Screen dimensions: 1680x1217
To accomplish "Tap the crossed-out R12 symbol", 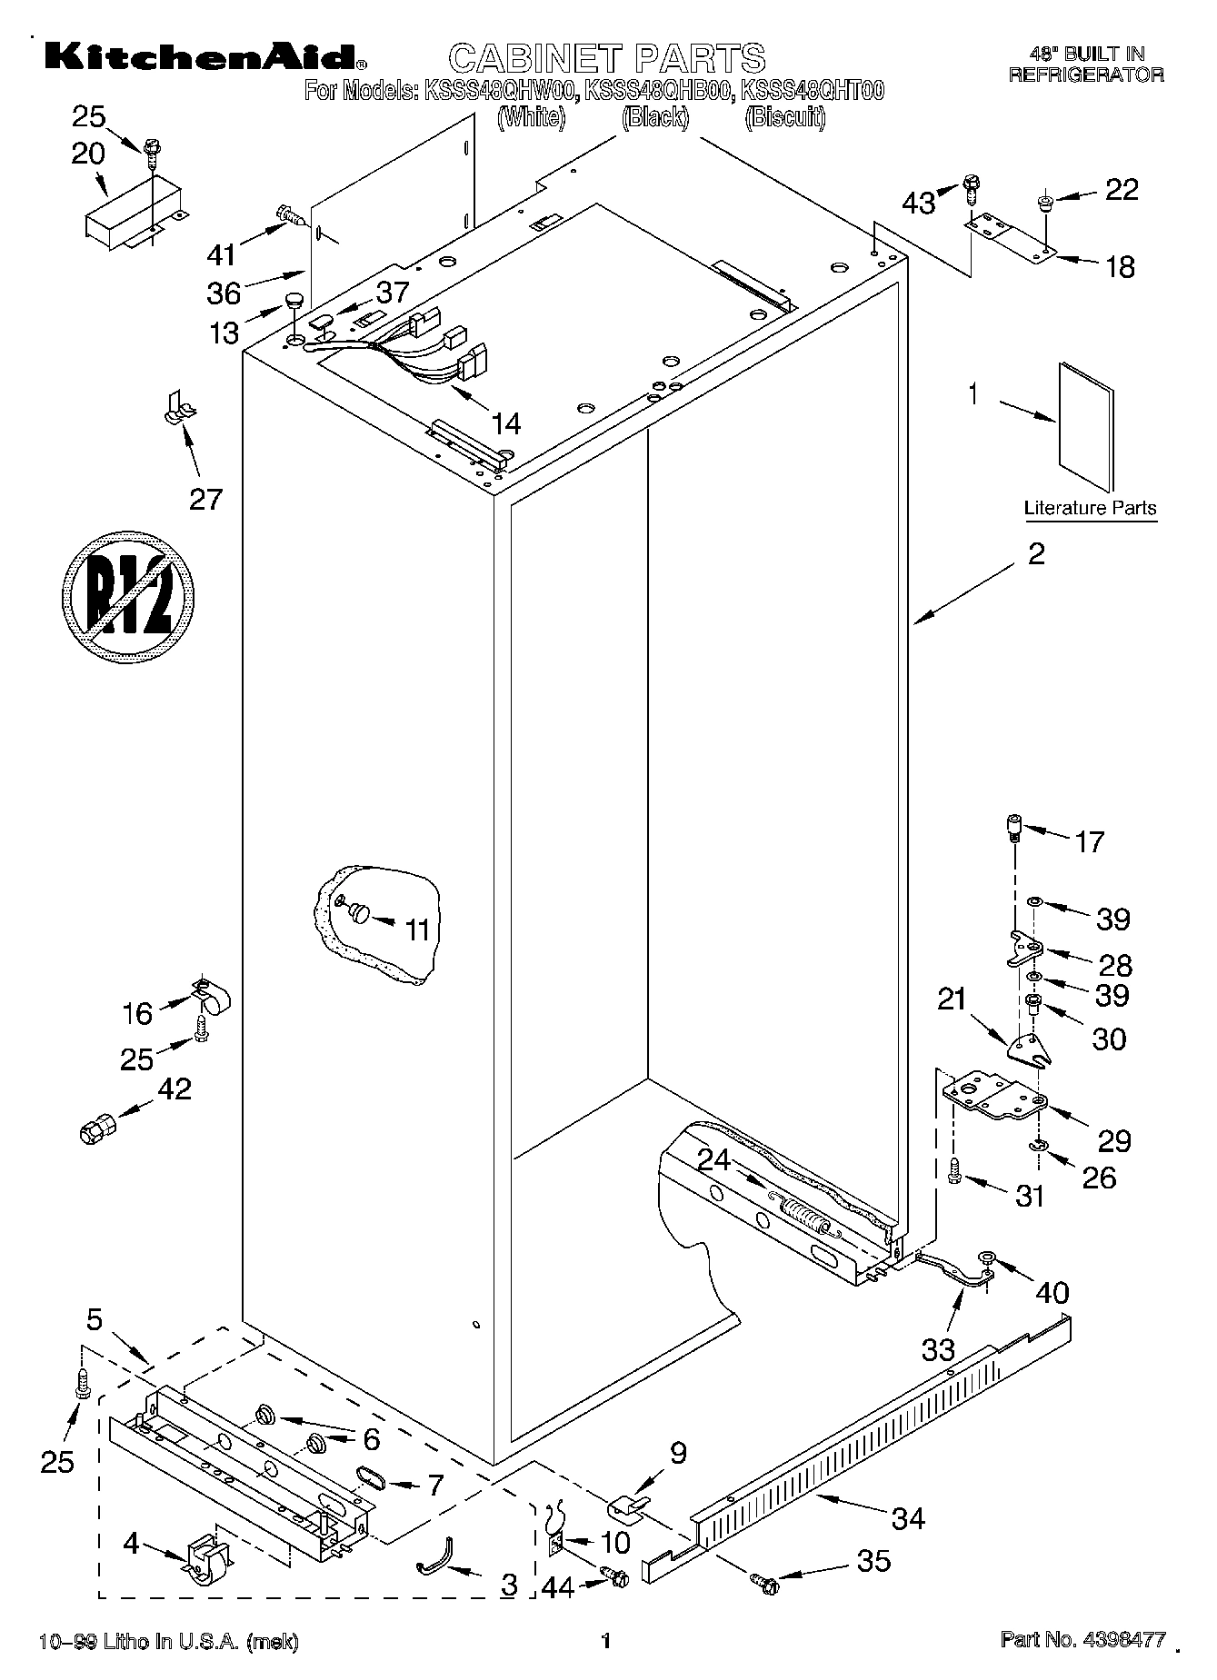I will tap(129, 593).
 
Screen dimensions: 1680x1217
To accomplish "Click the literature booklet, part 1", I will tap(1085, 426).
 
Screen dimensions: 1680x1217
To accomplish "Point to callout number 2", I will tap(1036, 554).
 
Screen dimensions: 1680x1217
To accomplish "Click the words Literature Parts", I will tap(1090, 508).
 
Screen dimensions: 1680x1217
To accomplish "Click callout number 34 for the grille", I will tap(908, 1516).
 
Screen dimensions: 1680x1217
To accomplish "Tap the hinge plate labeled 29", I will tap(993, 1094).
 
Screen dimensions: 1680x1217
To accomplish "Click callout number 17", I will tap(1089, 842).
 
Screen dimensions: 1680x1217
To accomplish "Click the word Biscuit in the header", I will tap(784, 118).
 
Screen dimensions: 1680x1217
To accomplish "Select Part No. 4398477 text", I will tap(1082, 1640).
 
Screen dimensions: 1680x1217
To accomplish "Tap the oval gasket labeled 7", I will tap(370, 1477).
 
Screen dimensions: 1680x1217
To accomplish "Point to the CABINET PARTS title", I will tap(607, 58).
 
